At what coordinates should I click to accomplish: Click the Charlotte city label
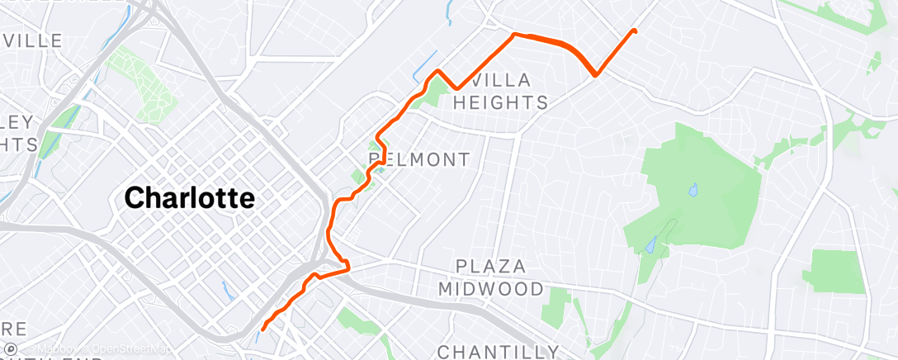(189, 198)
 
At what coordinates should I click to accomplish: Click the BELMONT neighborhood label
(418, 159)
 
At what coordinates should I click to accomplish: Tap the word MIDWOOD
(490, 289)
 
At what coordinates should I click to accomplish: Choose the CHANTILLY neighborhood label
(498, 352)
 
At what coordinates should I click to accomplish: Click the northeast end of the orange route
(635, 31)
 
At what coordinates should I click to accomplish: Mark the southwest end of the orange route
(262, 329)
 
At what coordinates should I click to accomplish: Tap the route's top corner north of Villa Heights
(515, 35)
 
